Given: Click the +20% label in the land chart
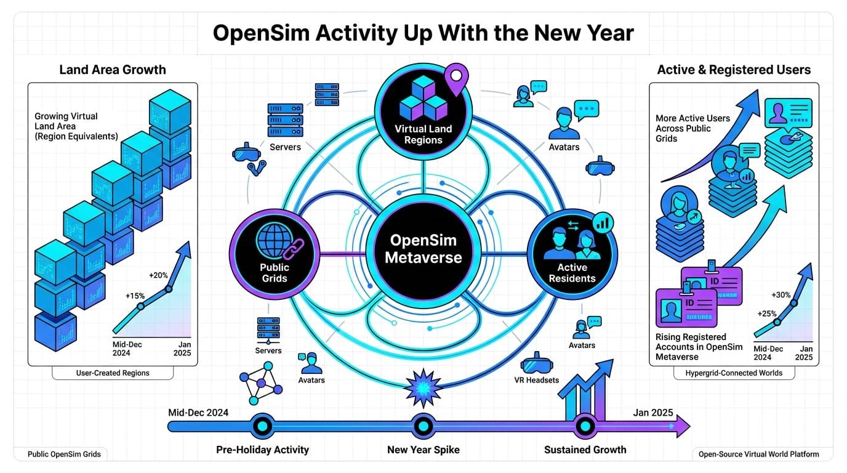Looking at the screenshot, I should pyautogui.click(x=158, y=275).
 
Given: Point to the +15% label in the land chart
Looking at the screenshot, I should pyautogui.click(x=135, y=296).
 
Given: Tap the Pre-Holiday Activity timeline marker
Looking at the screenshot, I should pyautogui.click(x=262, y=426).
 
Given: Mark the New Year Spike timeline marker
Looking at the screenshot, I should pyautogui.click(x=423, y=426).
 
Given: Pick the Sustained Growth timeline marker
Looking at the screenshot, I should pyautogui.click(x=584, y=426).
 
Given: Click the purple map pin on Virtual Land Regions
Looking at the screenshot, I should pyautogui.click(x=456, y=78).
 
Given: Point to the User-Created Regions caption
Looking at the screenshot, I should pyautogui.click(x=113, y=373).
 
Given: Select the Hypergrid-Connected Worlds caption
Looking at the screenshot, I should pyautogui.click(x=734, y=373).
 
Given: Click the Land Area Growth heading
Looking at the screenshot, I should pyautogui.click(x=113, y=70).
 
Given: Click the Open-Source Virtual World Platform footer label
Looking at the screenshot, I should pyautogui.click(x=758, y=455).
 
